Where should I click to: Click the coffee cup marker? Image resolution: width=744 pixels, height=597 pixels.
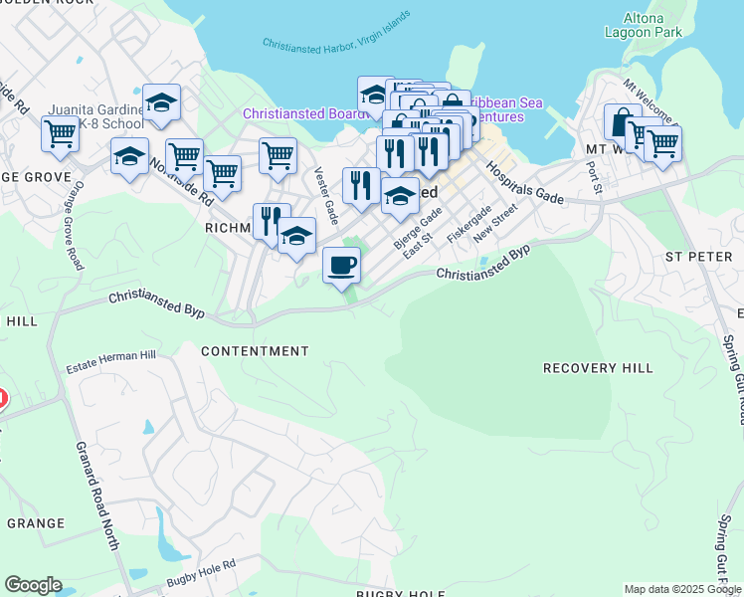[x=341, y=266]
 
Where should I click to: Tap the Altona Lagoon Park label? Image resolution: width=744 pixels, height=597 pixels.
[x=644, y=24]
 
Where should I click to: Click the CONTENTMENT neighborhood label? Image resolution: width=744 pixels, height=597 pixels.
[x=255, y=351]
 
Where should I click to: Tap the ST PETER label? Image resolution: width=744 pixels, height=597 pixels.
[x=698, y=256]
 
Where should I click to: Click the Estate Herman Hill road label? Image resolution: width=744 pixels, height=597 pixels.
[x=110, y=367]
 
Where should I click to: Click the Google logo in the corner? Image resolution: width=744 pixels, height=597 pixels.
[x=33, y=585]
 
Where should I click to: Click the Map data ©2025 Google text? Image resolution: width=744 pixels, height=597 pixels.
[x=682, y=589]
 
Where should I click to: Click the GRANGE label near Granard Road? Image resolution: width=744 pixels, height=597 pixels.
[x=36, y=523]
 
